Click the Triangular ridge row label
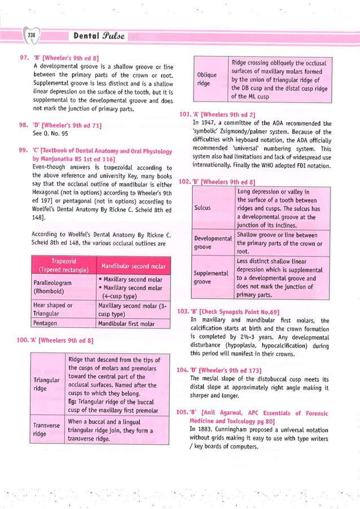(46, 385)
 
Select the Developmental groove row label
(213, 243)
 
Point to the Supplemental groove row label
(212, 277)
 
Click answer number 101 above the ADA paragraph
(185, 115)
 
